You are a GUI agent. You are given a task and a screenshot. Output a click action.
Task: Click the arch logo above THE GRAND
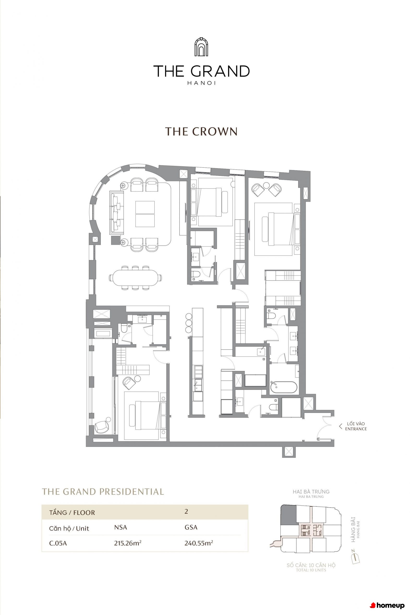[201, 47]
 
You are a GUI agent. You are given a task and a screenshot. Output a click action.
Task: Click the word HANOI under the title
[201, 83]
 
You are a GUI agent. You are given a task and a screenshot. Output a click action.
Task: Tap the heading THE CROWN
[201, 131]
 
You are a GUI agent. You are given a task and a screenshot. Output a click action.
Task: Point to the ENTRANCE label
[356, 429]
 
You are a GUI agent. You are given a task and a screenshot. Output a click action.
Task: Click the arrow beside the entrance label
[340, 426]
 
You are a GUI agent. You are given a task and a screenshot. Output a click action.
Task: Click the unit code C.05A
[58, 544]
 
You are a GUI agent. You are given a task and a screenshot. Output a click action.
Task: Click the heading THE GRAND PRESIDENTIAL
[103, 492]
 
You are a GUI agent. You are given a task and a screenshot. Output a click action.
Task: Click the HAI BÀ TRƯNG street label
[311, 492]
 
